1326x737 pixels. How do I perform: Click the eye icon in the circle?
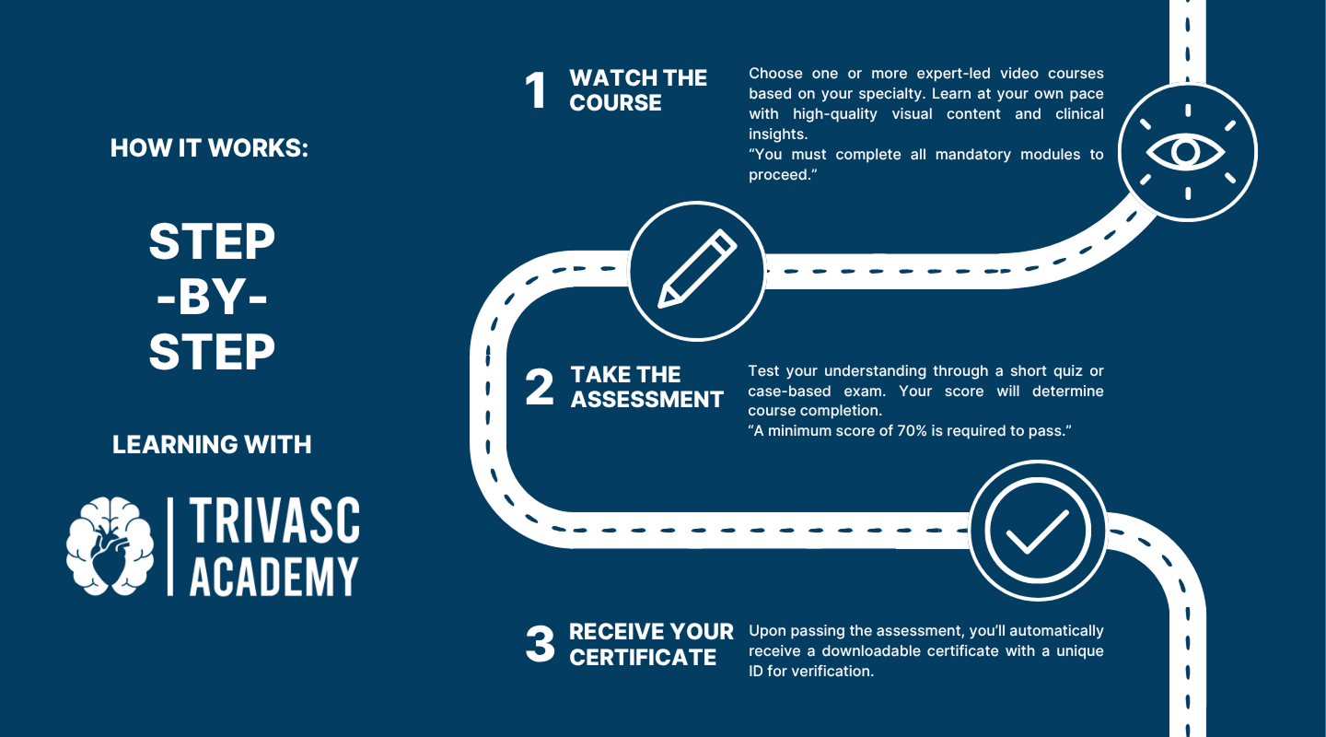(x=1186, y=152)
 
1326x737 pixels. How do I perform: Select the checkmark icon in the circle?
(x=1038, y=532)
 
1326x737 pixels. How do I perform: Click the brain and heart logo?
(x=110, y=545)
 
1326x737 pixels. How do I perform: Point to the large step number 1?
(x=536, y=90)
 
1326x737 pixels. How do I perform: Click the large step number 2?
(x=540, y=387)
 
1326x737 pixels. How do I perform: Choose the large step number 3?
(x=540, y=644)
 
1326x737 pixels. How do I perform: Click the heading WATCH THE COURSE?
(x=638, y=90)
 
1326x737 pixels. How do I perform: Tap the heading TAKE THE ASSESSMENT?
(x=647, y=387)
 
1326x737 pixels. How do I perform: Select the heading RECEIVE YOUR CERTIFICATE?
(x=651, y=645)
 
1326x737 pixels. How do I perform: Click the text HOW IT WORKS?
(x=209, y=148)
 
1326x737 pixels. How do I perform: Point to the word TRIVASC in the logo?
(x=274, y=521)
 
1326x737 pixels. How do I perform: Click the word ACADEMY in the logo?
(x=274, y=576)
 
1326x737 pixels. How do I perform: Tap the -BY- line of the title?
(x=212, y=297)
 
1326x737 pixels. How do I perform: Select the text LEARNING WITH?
(x=212, y=444)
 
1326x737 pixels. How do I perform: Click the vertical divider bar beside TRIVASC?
(x=170, y=546)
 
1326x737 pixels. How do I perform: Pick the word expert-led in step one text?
(x=953, y=74)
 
